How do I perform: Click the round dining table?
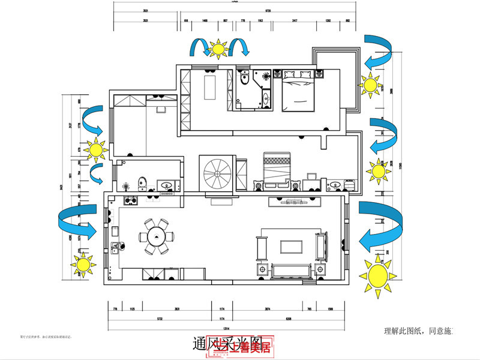157,235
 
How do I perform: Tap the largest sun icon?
378,276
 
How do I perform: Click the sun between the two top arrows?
218,47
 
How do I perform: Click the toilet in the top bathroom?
244,79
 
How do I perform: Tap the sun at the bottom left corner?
83,264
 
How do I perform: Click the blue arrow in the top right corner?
378,50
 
